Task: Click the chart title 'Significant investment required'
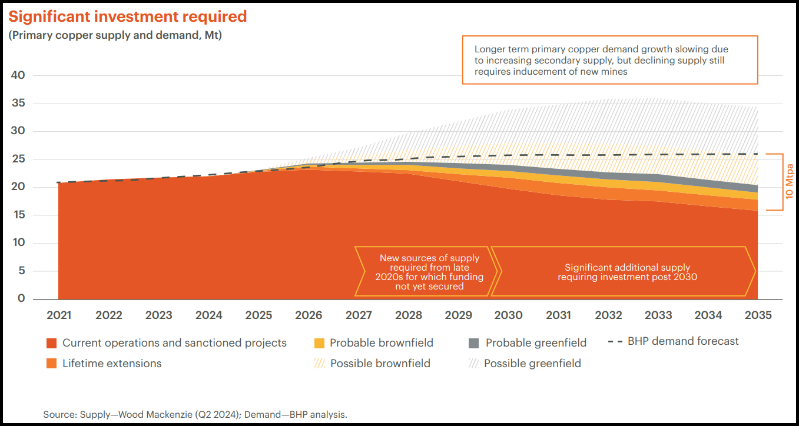128,16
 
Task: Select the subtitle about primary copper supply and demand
115,35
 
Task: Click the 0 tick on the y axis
21,299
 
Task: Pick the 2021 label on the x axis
59,315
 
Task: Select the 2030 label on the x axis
508,315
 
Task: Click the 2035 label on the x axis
758,315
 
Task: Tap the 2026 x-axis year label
309,315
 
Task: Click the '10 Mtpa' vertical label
790,182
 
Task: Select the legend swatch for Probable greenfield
473,343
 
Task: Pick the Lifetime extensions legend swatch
51,364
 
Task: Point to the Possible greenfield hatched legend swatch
473,364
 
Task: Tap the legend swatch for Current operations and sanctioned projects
51,343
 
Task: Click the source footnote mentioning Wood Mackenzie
195,414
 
